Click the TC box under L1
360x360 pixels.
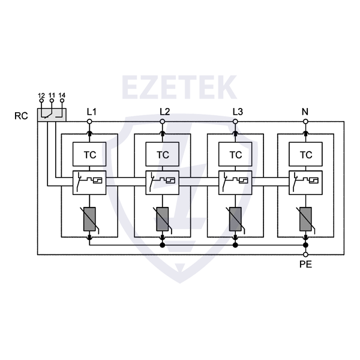click(x=89, y=155)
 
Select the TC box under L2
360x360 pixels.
click(x=163, y=155)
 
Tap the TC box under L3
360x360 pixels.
click(x=236, y=155)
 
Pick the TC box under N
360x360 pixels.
click(x=306, y=155)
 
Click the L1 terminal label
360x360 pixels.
click(x=92, y=112)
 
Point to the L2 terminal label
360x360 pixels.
click(x=165, y=112)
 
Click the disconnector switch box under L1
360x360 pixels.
click(x=89, y=182)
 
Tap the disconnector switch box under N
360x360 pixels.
click(x=306, y=182)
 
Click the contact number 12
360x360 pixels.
click(x=41, y=96)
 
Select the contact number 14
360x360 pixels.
click(x=62, y=96)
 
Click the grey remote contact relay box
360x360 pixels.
click(x=52, y=114)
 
